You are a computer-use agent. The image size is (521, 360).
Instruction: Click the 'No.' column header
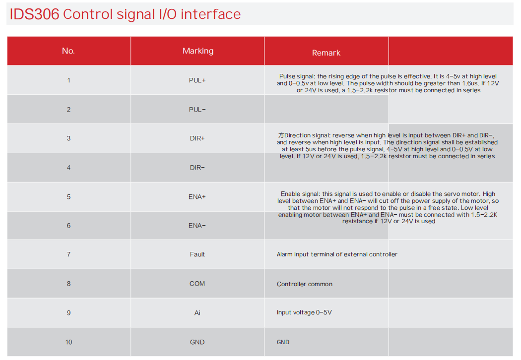click(x=68, y=51)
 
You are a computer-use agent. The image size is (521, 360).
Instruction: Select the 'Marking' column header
click(x=198, y=51)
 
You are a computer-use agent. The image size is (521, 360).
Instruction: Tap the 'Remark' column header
click(x=326, y=53)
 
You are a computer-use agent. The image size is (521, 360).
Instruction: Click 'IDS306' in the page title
click(x=34, y=14)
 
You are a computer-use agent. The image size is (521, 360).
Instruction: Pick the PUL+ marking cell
click(x=197, y=80)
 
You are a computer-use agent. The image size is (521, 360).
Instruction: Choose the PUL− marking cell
click(x=197, y=110)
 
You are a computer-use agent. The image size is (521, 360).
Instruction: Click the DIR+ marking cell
click(x=197, y=138)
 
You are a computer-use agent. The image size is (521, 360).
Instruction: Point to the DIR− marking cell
click(x=197, y=168)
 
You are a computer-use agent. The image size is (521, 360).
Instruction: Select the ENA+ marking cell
click(x=197, y=197)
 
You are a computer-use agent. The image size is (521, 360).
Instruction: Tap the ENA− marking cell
click(x=197, y=226)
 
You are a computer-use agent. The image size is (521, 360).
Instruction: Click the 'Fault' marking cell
click(x=197, y=254)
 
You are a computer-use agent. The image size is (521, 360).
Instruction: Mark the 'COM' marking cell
click(x=197, y=284)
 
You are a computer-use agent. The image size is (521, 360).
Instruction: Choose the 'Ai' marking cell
click(x=197, y=313)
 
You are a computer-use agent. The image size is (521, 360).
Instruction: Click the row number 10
click(x=68, y=342)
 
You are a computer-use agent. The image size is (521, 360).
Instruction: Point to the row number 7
click(x=69, y=254)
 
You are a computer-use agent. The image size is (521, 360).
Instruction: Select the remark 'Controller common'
click(x=304, y=284)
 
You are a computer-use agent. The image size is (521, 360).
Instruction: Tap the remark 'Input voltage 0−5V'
click(x=304, y=312)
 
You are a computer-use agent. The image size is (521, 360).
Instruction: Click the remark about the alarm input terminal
click(x=337, y=254)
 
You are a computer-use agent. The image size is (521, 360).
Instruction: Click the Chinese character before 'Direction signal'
click(x=281, y=135)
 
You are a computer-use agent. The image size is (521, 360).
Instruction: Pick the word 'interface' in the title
click(x=211, y=14)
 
